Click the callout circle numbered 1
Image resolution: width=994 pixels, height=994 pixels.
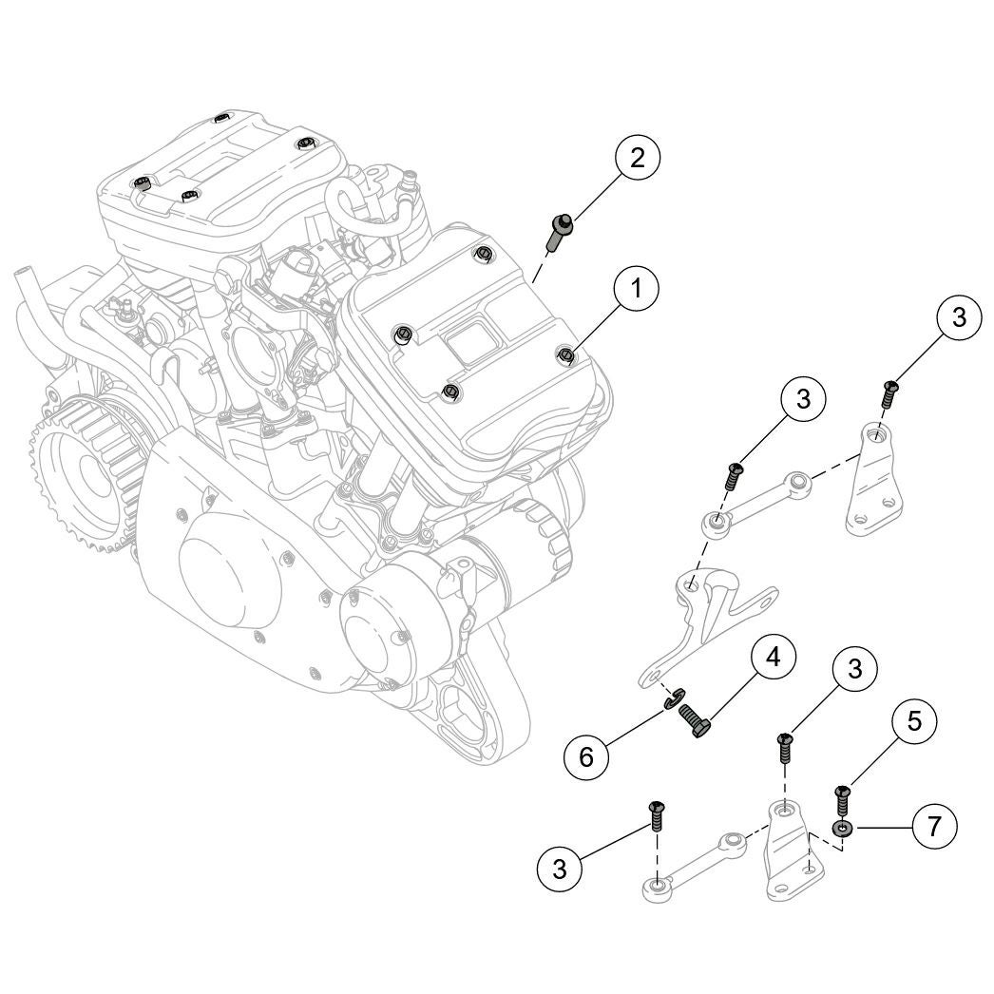636,288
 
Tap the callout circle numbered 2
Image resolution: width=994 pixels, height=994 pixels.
636,158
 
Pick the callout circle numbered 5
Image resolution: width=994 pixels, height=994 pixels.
913,721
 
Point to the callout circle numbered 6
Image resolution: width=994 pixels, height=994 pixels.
586,756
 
